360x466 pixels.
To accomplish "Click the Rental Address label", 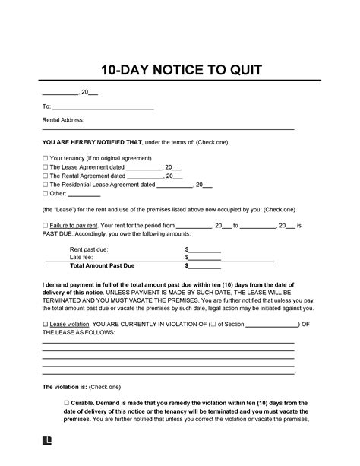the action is (63, 120).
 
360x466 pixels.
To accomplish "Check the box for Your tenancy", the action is (45, 158).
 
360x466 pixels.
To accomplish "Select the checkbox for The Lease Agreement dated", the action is (45, 167).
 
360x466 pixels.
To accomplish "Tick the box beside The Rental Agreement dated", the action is (45, 176).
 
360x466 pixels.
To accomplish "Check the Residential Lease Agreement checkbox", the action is (45, 185).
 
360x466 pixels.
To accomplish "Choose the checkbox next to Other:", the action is (45, 194).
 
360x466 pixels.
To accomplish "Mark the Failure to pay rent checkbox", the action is (45, 226).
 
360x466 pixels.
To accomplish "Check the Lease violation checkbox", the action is (45, 324).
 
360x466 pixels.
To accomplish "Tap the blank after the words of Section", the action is (273, 325).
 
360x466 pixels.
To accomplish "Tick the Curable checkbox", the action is (67, 401).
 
